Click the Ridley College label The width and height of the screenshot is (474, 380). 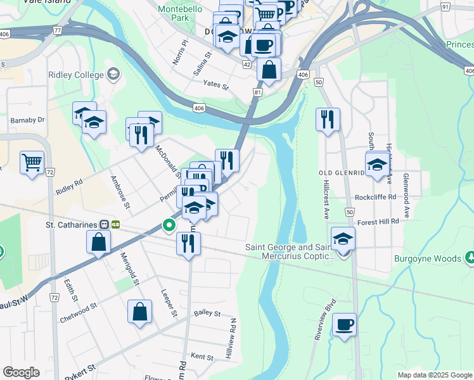tap(75, 75)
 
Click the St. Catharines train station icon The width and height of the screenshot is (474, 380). tap(116, 224)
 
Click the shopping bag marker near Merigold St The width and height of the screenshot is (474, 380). tap(99, 241)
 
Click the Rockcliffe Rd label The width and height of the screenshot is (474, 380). tap(375, 197)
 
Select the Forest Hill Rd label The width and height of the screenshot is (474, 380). tap(378, 222)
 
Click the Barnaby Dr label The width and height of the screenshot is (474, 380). tap(27, 119)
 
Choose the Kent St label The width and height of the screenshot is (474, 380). tap(202, 357)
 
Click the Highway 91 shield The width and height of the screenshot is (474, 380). tap(445, 7)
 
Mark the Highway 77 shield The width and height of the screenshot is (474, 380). tap(58, 30)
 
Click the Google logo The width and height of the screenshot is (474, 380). tap(22, 372)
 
